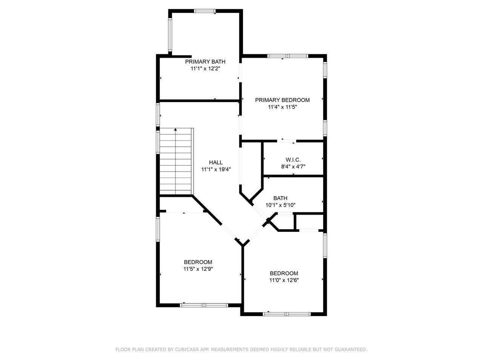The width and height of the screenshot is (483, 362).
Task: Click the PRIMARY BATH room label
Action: (x=205, y=61)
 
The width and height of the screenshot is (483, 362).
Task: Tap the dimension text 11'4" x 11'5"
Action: (x=282, y=107)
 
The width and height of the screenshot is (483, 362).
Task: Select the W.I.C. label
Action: (x=293, y=160)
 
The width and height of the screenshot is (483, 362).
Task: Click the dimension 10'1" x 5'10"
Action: (x=280, y=205)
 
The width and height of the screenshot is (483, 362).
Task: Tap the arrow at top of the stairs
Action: (x=175, y=130)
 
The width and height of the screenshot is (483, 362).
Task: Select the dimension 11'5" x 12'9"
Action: (x=198, y=269)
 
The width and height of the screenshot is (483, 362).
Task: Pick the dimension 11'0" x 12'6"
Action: (x=284, y=280)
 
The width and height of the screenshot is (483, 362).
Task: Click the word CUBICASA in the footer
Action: (x=188, y=350)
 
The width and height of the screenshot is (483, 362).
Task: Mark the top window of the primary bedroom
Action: (x=288, y=56)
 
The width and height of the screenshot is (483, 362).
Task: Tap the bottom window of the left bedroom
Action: (x=204, y=305)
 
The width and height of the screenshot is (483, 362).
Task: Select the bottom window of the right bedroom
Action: (x=287, y=314)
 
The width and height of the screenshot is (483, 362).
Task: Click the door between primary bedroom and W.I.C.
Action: (x=288, y=141)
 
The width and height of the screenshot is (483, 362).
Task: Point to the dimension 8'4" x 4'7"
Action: (x=293, y=167)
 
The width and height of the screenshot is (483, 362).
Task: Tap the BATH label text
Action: (x=280, y=198)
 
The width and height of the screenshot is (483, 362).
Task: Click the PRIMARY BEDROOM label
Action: (x=282, y=100)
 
